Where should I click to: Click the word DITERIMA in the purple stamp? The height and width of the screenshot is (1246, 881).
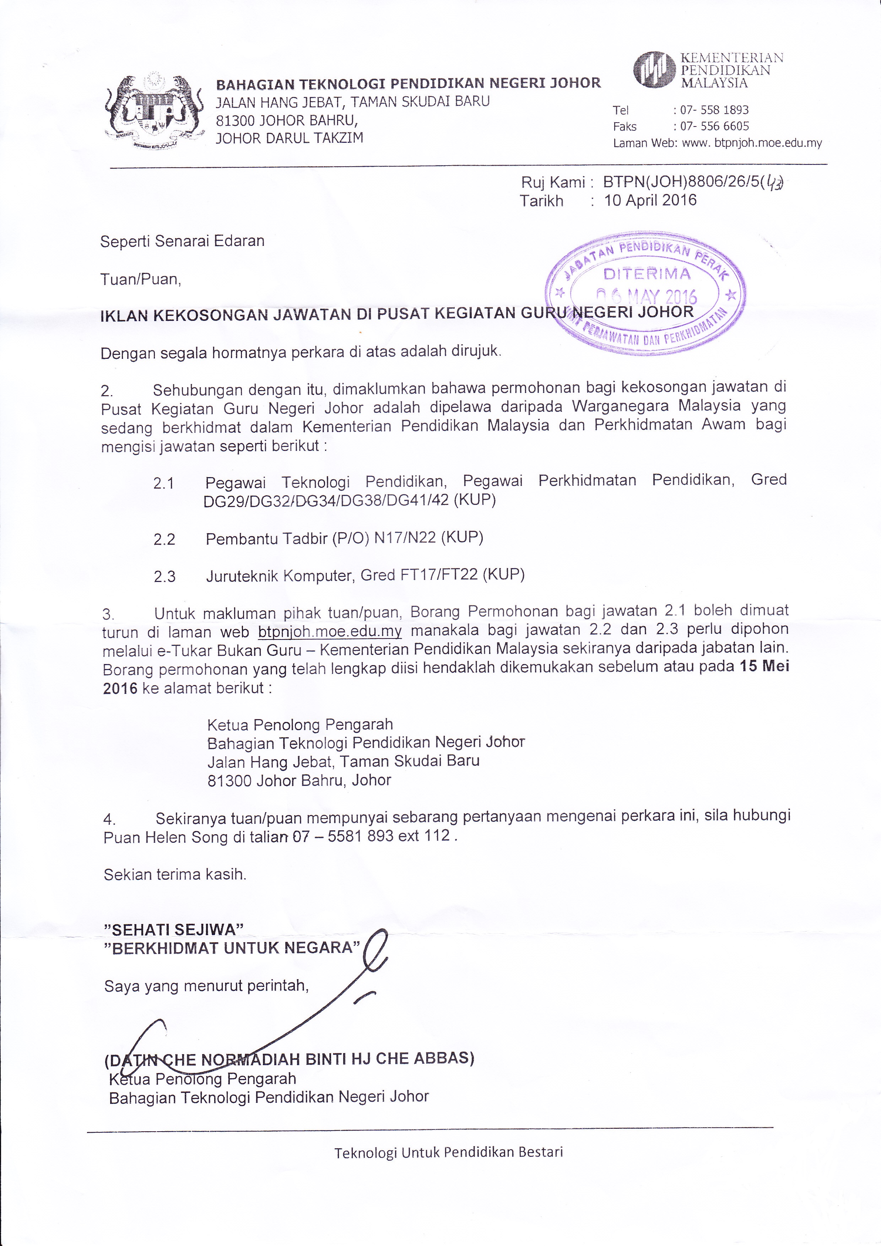click(647, 274)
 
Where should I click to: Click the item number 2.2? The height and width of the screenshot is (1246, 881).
click(164, 539)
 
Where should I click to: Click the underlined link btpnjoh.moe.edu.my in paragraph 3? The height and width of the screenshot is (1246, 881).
click(330, 632)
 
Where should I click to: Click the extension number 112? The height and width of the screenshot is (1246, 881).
click(438, 836)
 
